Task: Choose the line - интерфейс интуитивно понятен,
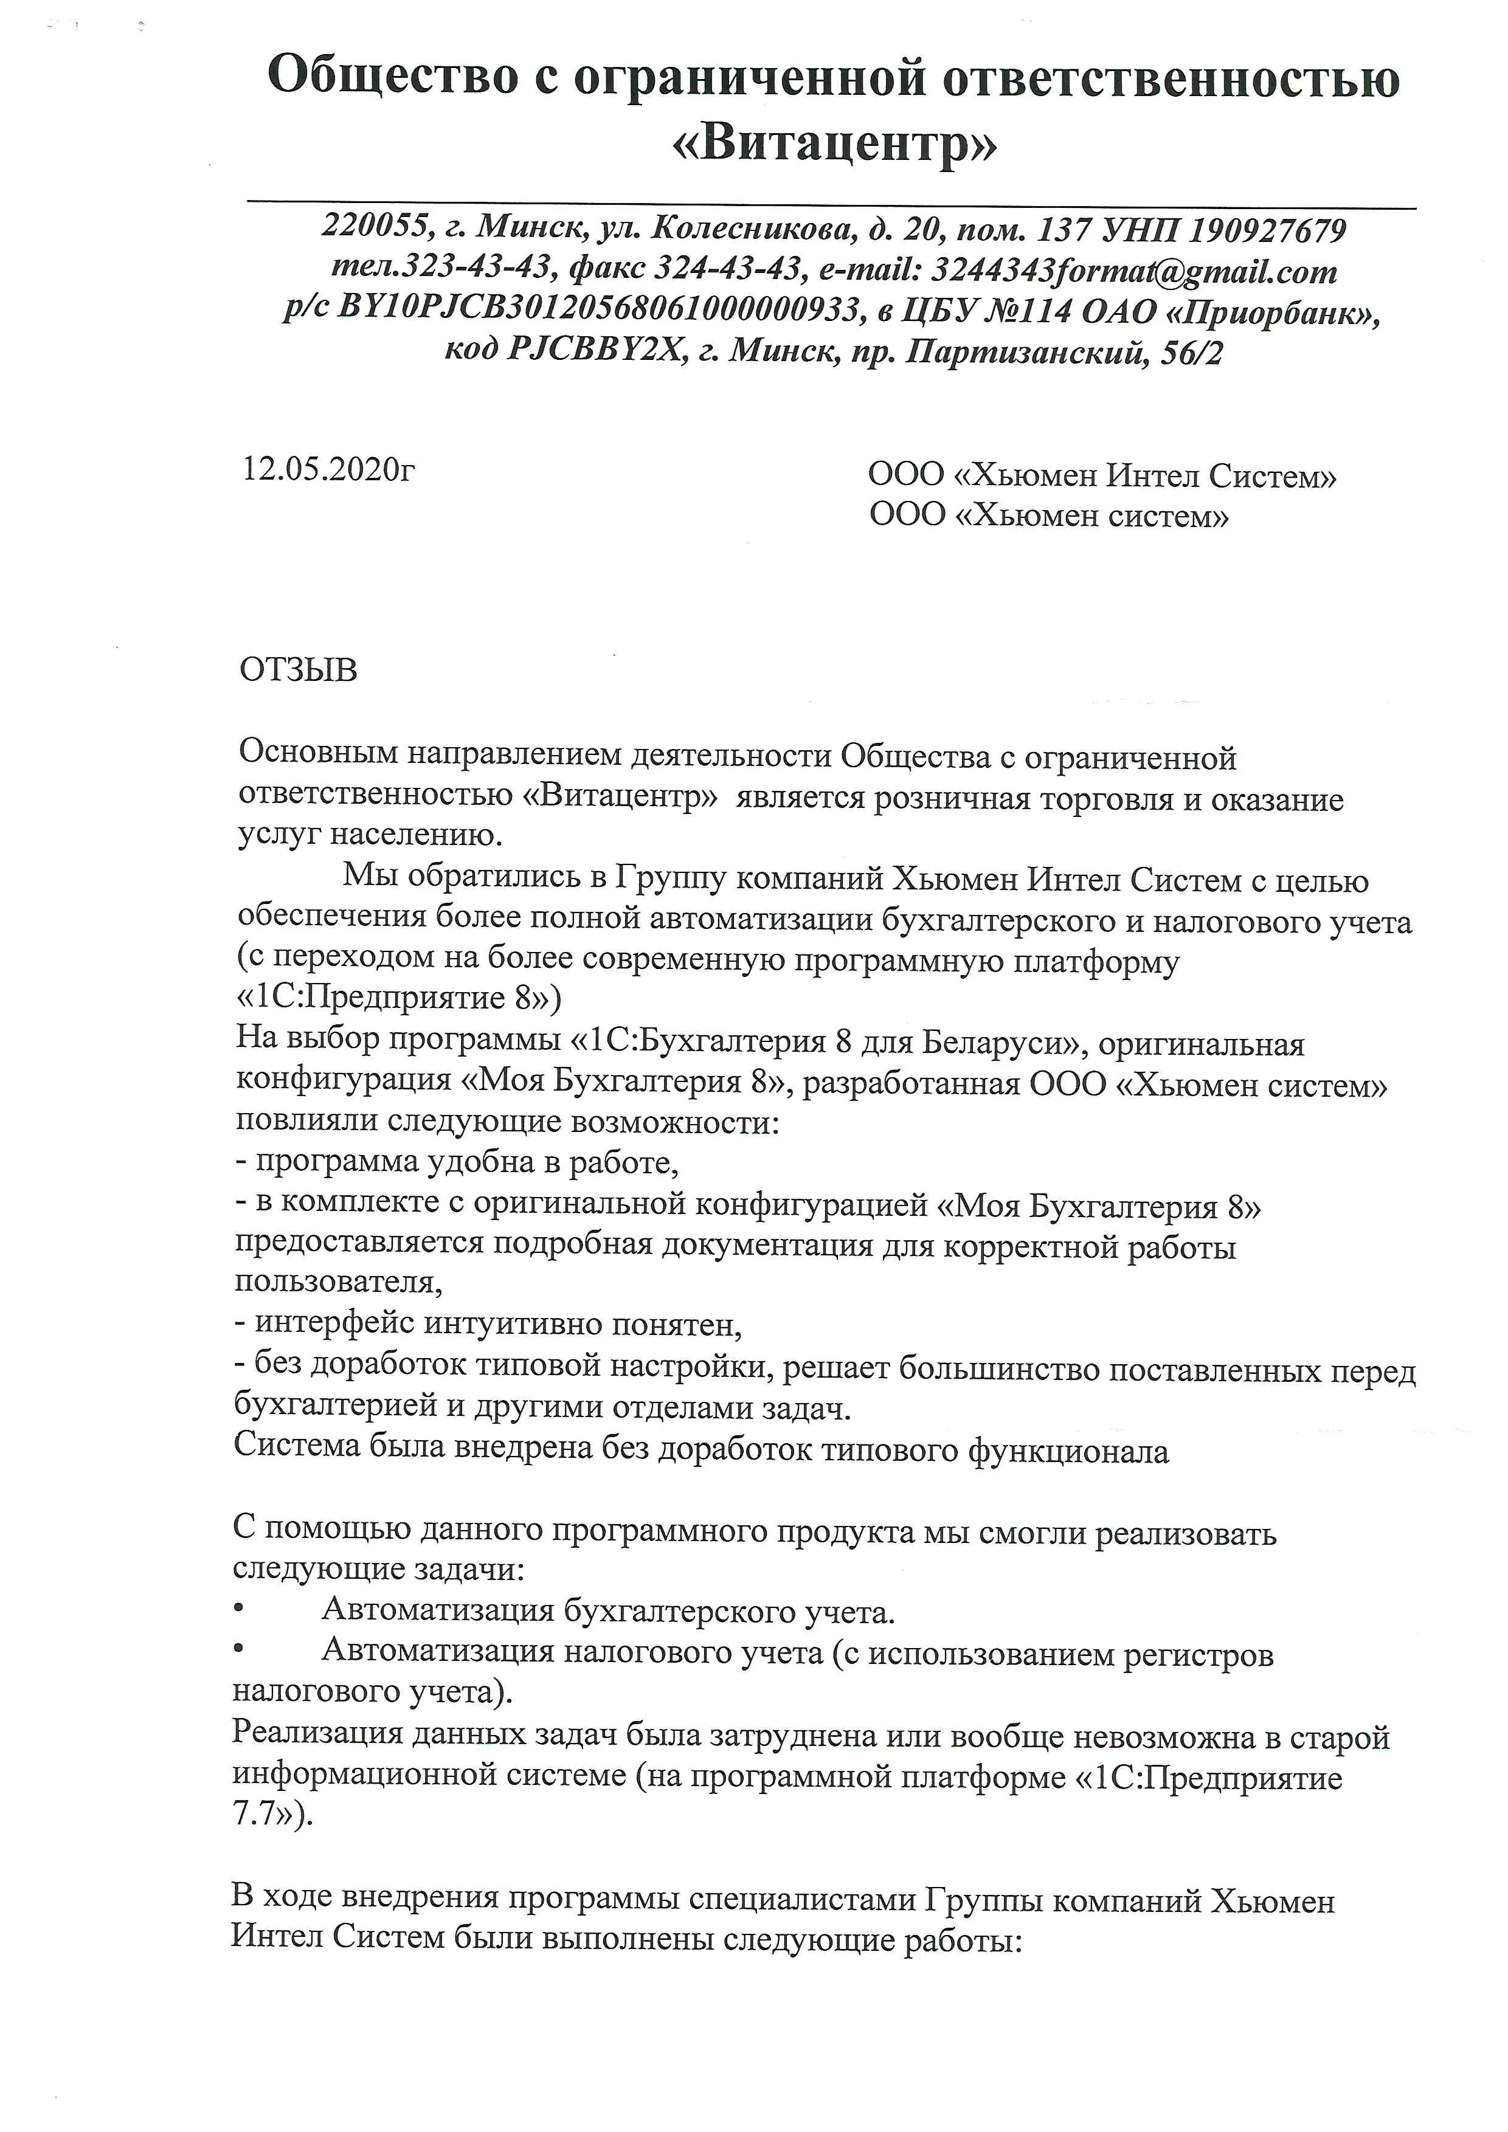coord(488,1323)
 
